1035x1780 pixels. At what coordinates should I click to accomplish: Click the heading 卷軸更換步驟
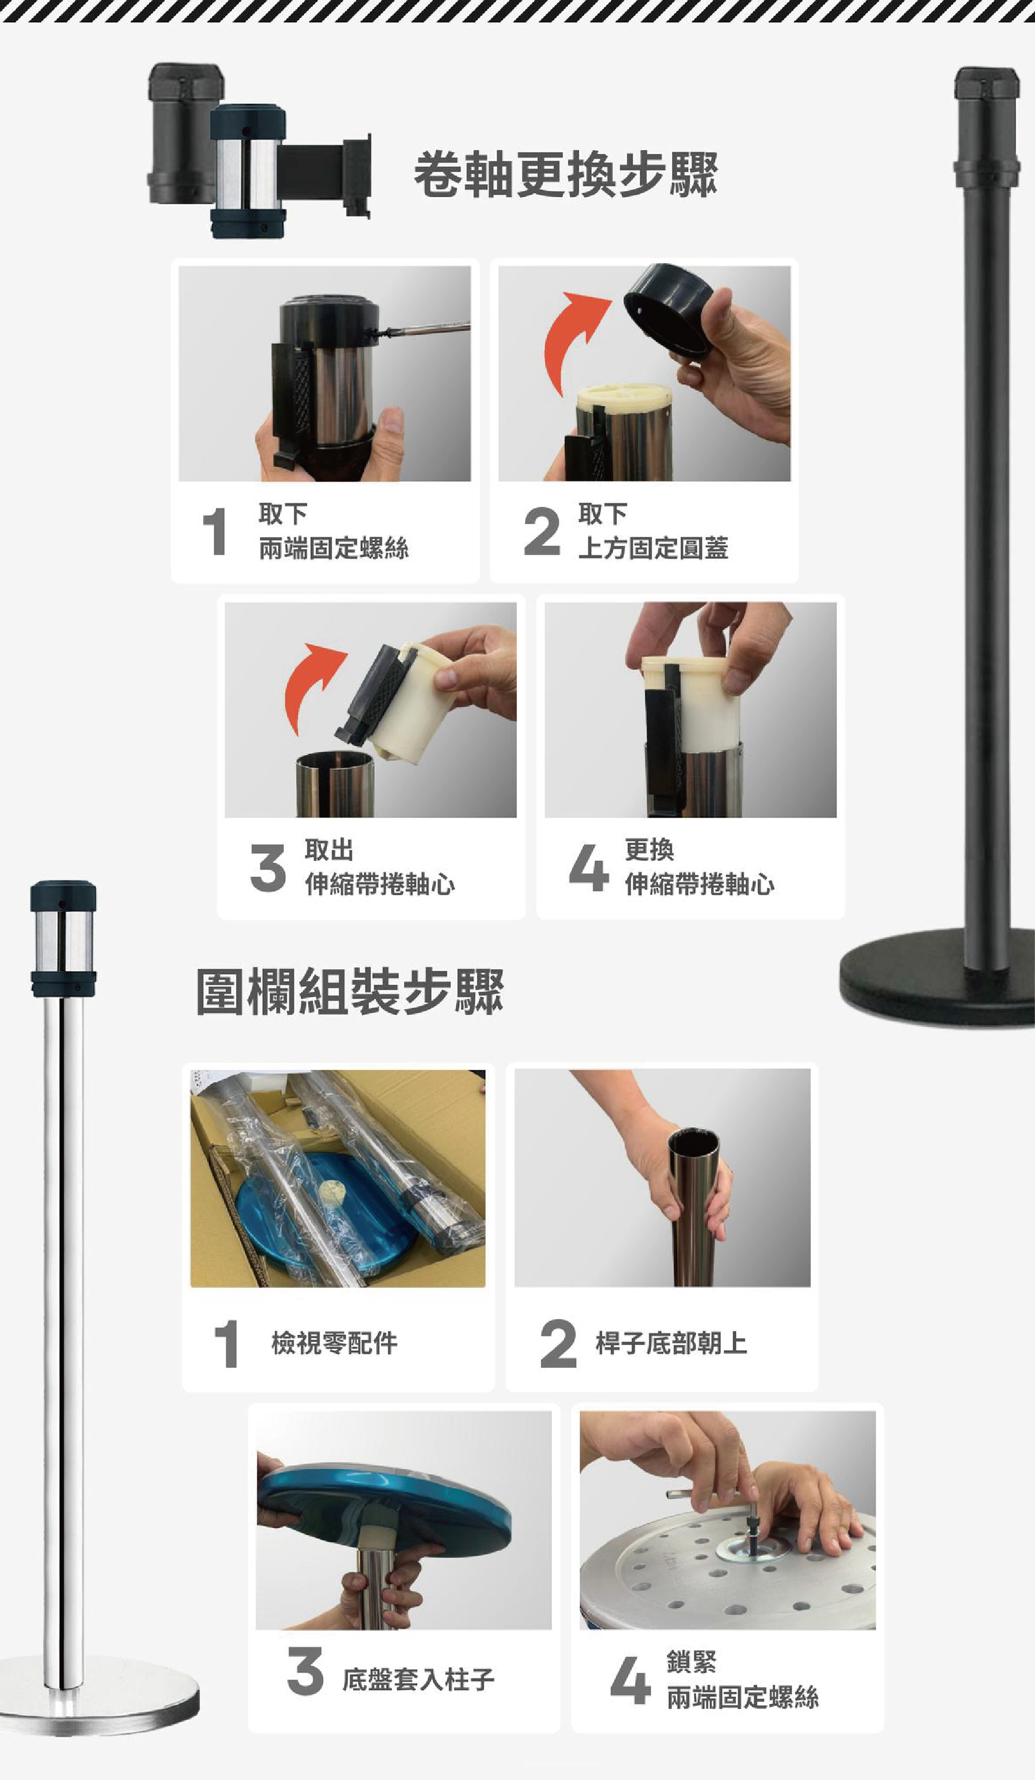565,175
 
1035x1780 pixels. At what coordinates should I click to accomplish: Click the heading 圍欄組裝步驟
350,991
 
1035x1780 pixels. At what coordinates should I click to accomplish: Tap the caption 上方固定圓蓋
653,547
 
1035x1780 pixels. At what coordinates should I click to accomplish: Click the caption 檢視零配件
334,1343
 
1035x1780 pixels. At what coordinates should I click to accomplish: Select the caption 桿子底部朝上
671,1343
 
